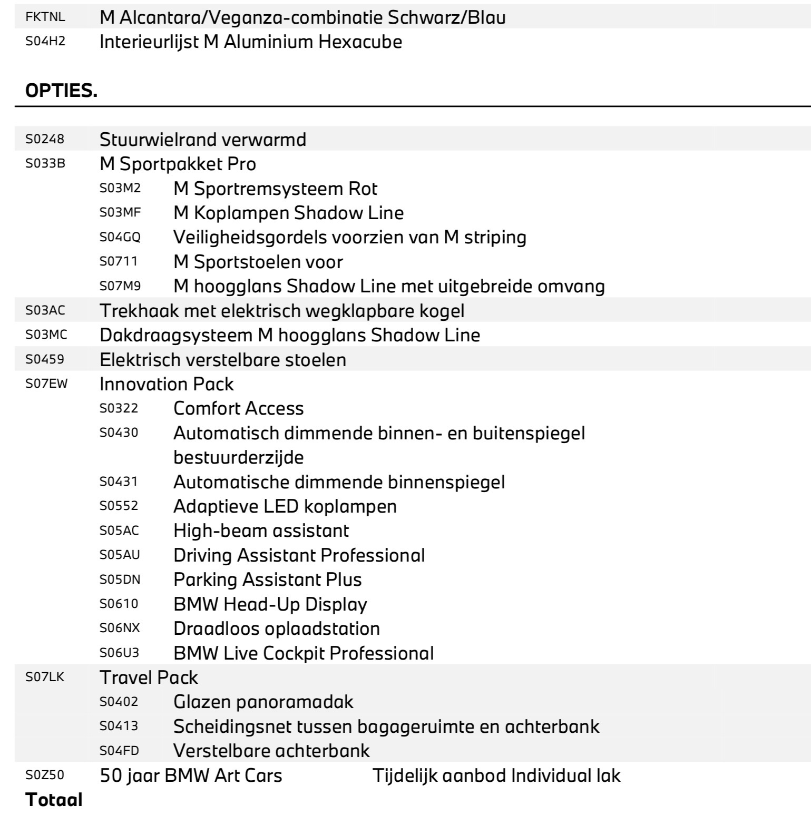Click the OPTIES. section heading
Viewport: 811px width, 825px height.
61,91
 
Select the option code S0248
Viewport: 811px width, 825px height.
45,139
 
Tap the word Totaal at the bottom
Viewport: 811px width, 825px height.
54,800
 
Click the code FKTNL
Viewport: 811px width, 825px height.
45,17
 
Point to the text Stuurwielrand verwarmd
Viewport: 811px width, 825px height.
203,140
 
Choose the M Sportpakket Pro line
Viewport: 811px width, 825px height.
178,164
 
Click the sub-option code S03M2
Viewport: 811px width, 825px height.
120,188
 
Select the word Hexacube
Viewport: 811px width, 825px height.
360,42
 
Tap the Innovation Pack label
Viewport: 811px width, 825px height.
167,384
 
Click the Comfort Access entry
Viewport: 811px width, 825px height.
238,408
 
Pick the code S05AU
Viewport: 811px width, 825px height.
120,555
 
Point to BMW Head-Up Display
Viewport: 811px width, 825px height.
270,604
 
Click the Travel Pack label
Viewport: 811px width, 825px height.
149,677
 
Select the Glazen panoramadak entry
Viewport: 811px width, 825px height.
263,702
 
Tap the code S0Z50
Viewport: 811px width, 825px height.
45,775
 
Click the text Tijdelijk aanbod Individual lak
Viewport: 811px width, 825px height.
496,775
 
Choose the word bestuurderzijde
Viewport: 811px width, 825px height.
238,457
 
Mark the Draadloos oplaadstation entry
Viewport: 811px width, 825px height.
276,628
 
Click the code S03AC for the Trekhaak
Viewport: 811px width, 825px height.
45,310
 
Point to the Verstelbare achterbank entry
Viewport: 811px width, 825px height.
271,750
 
